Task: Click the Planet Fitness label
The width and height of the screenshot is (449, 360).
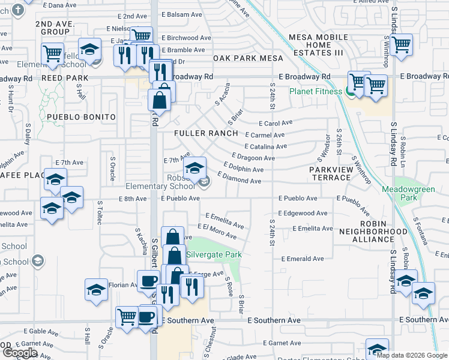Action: click(316, 91)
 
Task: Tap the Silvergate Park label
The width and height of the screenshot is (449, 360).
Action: click(214, 254)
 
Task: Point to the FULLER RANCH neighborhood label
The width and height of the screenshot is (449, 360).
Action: click(206, 133)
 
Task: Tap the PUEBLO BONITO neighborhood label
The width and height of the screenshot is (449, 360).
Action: click(80, 116)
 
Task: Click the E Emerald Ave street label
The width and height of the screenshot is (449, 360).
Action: click(303, 259)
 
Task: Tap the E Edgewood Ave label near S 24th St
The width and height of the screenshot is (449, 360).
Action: click(303, 213)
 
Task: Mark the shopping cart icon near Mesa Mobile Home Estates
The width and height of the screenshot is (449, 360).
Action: click(400, 43)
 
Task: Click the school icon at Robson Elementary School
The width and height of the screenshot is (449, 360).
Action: click(194, 169)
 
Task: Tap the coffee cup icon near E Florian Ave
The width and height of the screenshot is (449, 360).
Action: click(148, 280)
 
